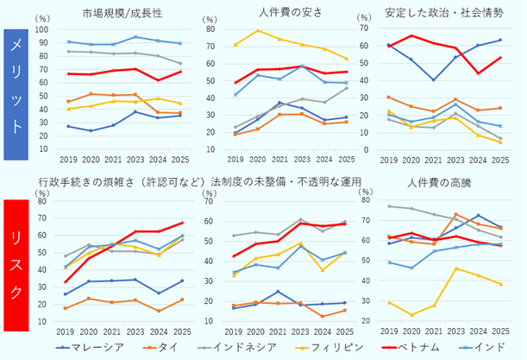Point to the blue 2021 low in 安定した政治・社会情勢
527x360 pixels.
[x=434, y=79]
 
